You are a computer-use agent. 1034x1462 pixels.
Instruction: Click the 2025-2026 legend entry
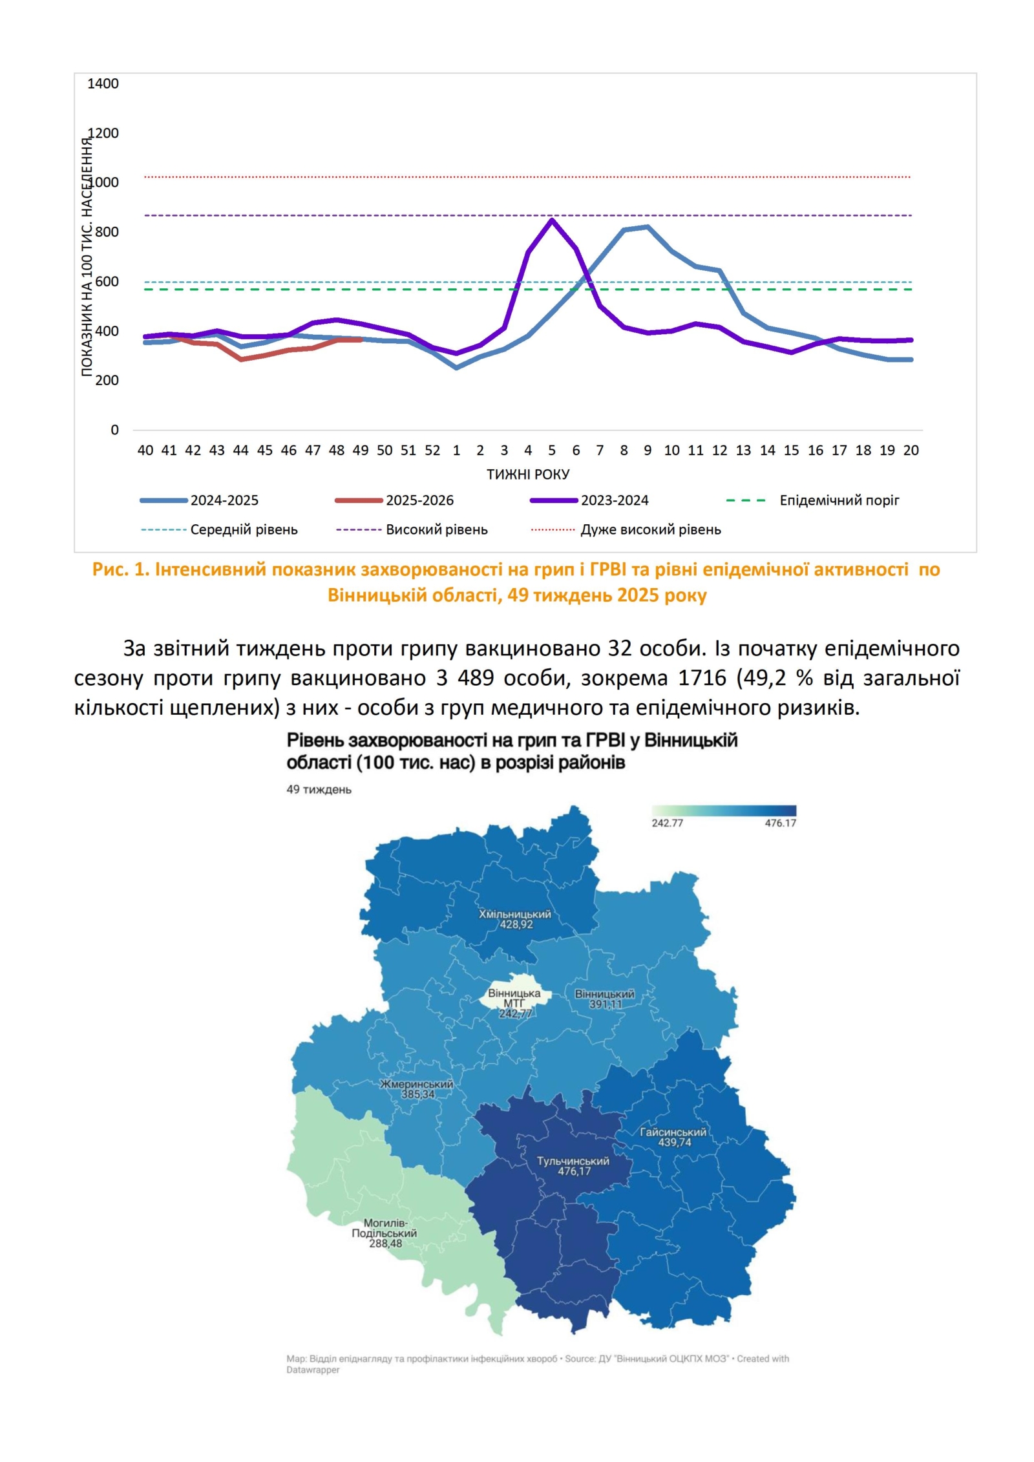pyautogui.click(x=419, y=500)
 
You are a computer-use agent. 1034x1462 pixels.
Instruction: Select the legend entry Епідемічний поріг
pyautogui.click(x=839, y=500)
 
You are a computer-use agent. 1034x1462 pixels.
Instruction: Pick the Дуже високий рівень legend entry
pyautogui.click(x=650, y=530)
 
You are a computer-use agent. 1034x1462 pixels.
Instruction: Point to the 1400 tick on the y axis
pyautogui.click(x=103, y=83)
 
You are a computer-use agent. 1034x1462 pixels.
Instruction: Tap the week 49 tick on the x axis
pyautogui.click(x=361, y=450)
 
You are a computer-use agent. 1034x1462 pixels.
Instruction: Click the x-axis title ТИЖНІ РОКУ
pyautogui.click(x=528, y=474)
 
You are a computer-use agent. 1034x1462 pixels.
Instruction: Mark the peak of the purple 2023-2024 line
pyautogui.click(x=551, y=220)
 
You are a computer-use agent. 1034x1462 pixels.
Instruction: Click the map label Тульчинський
pyautogui.click(x=573, y=1161)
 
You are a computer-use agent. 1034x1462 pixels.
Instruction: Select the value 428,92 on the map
pyautogui.click(x=516, y=925)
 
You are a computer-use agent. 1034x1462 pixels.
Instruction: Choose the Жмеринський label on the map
pyautogui.click(x=417, y=1085)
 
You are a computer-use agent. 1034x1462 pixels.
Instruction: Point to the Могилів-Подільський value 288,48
pyautogui.click(x=385, y=1244)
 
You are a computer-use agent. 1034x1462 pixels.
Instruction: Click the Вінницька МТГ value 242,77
pyautogui.click(x=514, y=1013)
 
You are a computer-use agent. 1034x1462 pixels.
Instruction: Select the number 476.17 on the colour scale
pyautogui.click(x=780, y=823)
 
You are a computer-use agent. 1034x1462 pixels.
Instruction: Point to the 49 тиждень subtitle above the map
pyautogui.click(x=319, y=790)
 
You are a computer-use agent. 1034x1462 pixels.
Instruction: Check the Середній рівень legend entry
pyautogui.click(x=244, y=530)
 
